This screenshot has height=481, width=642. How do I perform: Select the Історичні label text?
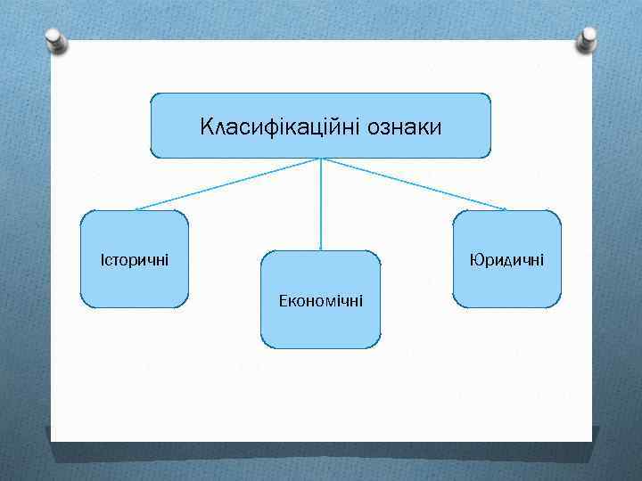click(135, 260)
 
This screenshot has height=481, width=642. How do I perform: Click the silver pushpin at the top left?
click(54, 40)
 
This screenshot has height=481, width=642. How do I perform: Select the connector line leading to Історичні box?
click(227, 184)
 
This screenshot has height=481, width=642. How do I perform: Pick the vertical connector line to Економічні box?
click(321, 203)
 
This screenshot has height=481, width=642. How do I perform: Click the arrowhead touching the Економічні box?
click(321, 248)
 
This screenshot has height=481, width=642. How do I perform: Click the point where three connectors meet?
click(321, 159)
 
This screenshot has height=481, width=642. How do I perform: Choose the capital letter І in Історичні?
click(103, 260)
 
